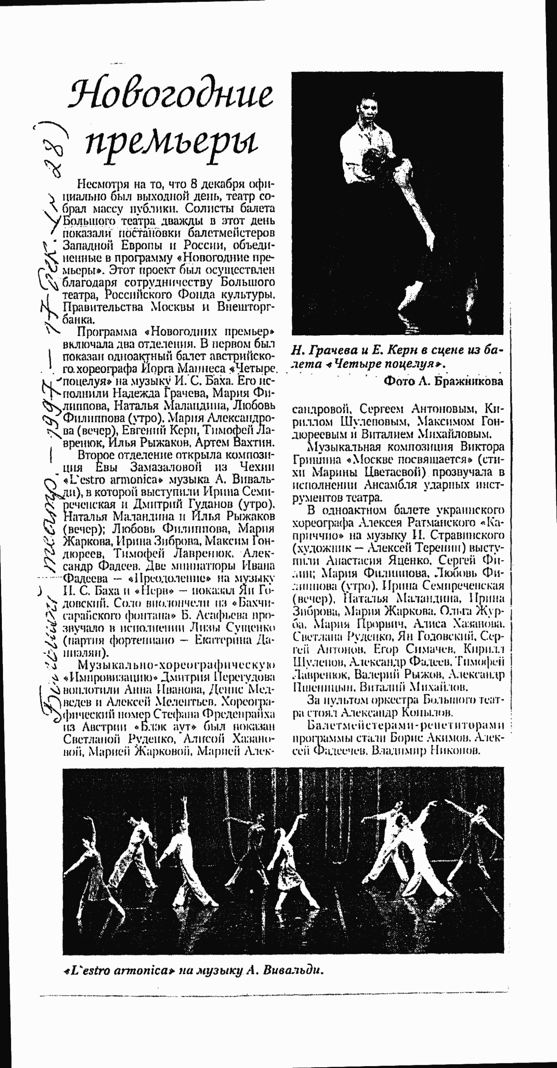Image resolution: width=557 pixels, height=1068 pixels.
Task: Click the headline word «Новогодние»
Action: click(x=171, y=94)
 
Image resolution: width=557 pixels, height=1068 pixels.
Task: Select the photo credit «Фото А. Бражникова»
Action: click(x=443, y=381)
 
